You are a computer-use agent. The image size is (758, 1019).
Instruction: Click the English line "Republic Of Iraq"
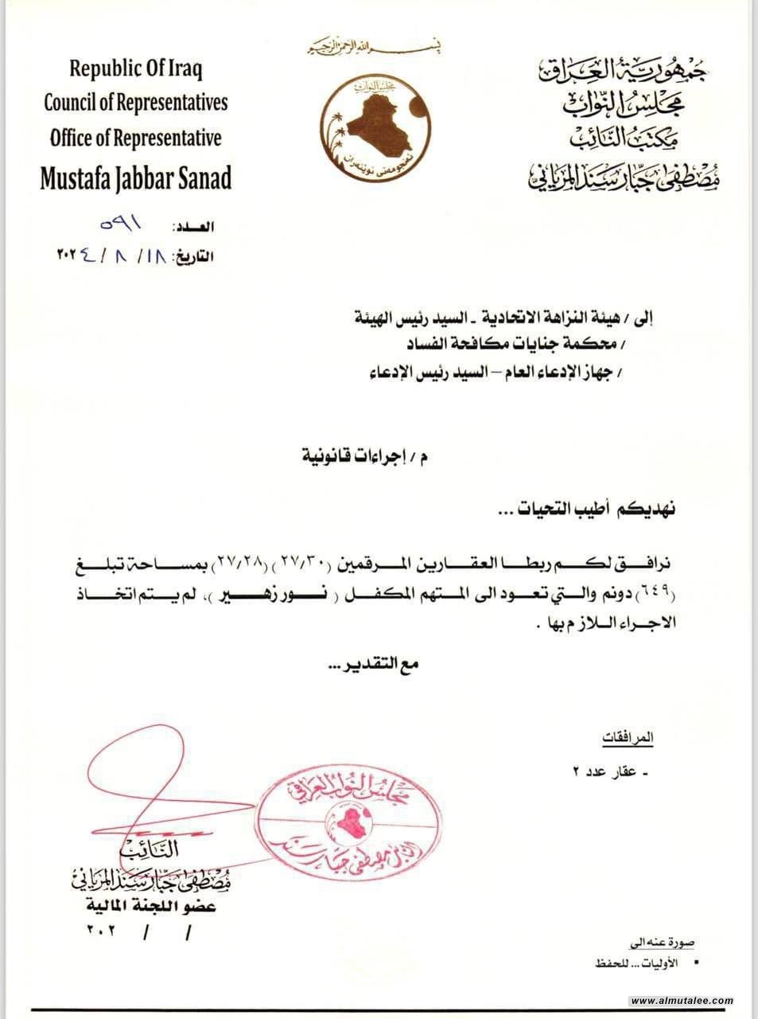click(x=136, y=68)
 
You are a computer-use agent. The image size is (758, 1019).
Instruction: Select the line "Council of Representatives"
click(x=136, y=103)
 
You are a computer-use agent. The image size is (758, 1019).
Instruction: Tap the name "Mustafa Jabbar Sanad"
click(x=136, y=178)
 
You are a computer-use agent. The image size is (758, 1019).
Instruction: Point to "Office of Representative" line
click(x=136, y=138)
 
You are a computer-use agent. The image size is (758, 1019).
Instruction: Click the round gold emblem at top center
click(x=377, y=120)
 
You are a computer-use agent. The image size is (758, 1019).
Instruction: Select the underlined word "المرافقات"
click(x=628, y=738)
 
